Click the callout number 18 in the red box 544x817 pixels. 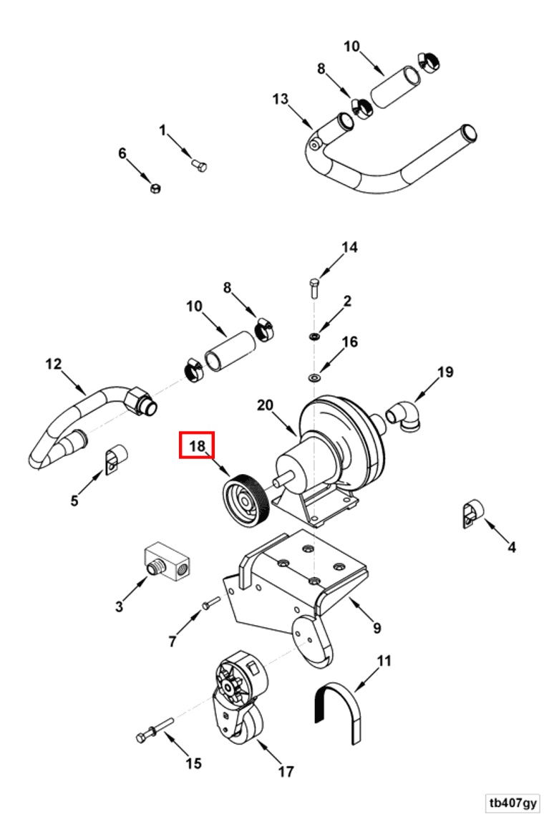[197, 446]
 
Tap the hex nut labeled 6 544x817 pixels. [154, 188]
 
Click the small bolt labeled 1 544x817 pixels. [200, 165]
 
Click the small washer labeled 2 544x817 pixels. [315, 336]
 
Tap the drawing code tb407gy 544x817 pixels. [513, 802]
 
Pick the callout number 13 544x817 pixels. [280, 97]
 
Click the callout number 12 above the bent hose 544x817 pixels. [54, 364]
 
